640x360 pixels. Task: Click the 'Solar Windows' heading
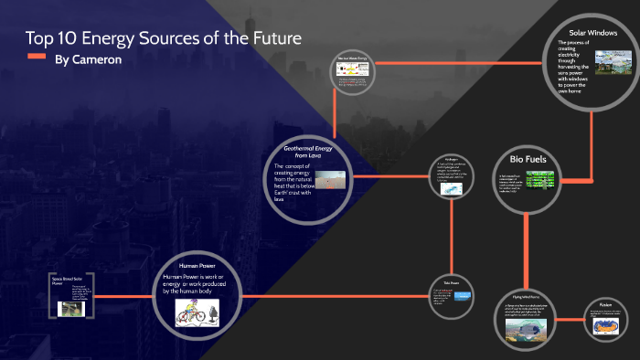coord(594,33)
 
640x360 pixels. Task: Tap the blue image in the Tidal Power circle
coord(464,296)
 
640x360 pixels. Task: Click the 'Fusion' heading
coord(606,304)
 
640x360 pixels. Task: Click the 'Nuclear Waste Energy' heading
coord(353,58)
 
